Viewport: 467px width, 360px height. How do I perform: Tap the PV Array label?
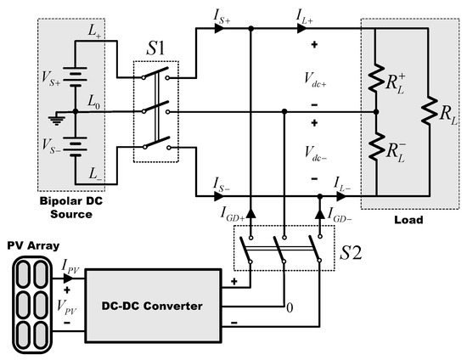[x=31, y=246]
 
